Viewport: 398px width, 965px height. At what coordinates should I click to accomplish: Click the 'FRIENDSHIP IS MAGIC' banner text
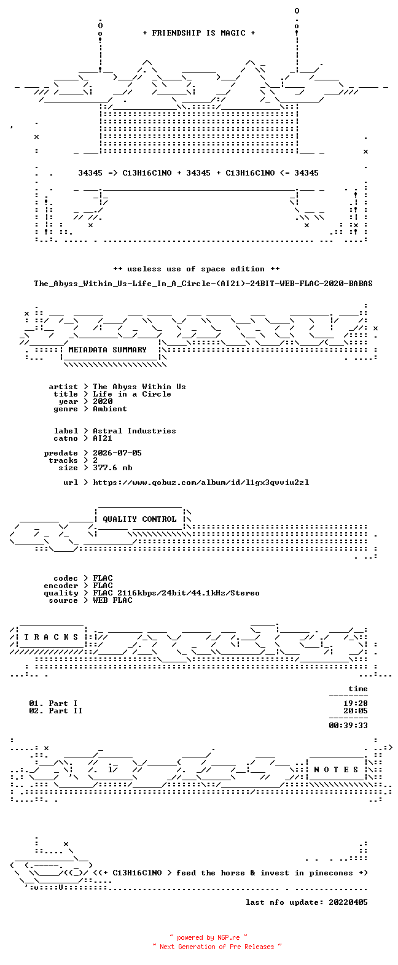(199, 33)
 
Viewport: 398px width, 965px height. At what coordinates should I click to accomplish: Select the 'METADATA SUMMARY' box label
(107, 350)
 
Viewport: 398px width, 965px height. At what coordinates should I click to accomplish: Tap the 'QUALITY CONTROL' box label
(139, 519)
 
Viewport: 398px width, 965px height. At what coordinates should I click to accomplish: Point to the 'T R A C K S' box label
(51, 637)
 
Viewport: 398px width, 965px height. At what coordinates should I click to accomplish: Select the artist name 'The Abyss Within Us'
(139, 387)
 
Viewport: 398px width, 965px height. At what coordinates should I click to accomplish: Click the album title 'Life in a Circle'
(132, 394)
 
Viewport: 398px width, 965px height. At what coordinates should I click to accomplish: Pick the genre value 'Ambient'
(110, 409)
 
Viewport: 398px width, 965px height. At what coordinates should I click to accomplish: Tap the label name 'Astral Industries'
(135, 431)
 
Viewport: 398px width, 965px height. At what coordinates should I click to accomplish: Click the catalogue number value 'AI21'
(103, 438)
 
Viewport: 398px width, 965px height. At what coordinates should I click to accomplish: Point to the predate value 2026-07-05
(117, 453)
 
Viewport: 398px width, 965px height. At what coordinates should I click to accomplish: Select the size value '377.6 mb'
(112, 468)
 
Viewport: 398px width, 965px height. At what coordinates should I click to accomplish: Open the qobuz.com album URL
(201, 482)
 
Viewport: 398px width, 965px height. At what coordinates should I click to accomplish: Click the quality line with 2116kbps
(176, 593)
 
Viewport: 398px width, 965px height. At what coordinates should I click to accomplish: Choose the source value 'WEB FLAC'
(112, 600)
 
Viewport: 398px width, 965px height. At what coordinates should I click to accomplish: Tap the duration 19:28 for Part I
(355, 703)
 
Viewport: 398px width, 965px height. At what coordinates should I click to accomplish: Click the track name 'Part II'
(66, 711)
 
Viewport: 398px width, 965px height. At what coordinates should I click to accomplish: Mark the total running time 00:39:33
(348, 726)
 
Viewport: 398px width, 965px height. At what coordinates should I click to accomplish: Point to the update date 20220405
(348, 902)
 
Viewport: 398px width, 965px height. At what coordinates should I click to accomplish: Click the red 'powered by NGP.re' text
(209, 937)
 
